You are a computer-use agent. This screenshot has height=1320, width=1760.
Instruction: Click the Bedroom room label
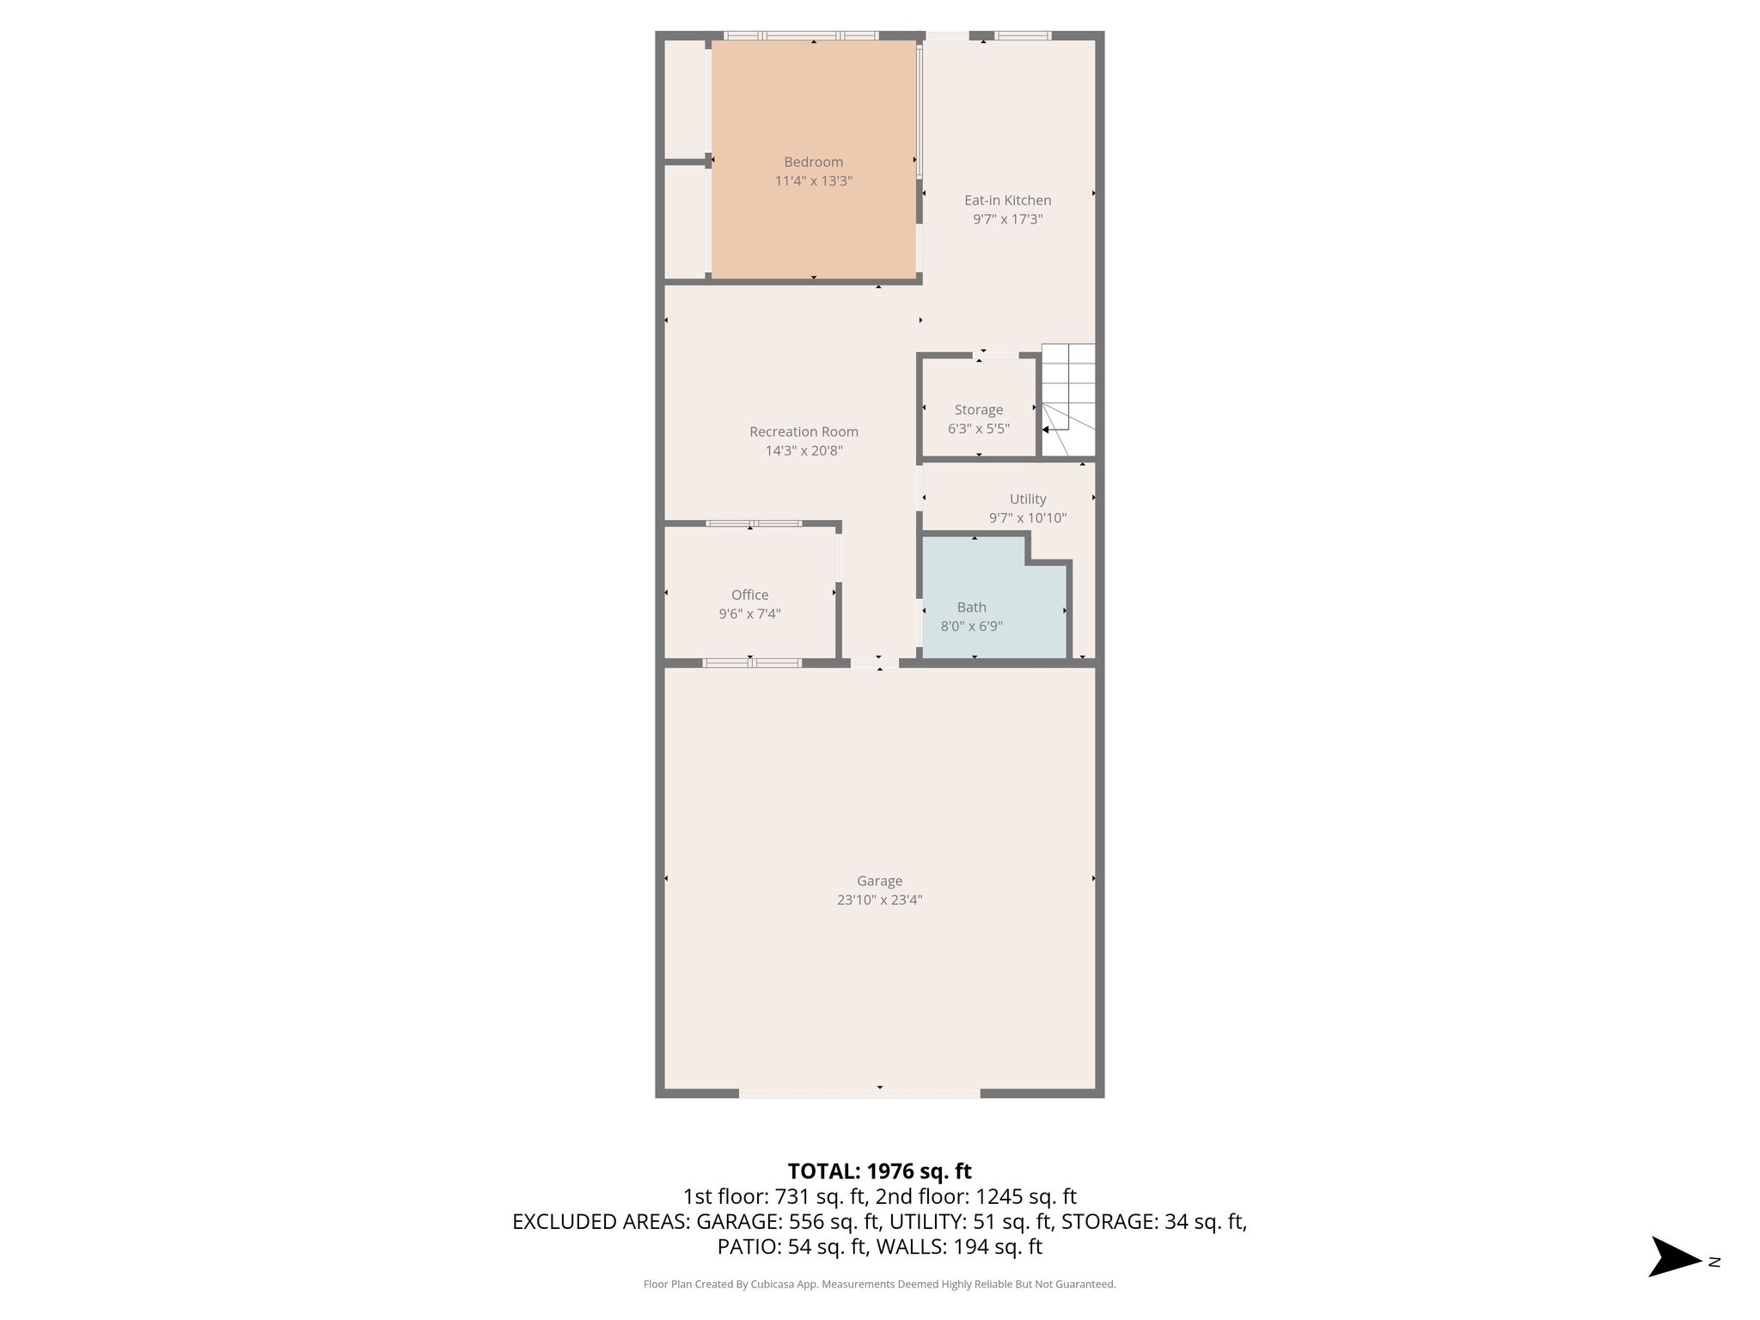pos(813,162)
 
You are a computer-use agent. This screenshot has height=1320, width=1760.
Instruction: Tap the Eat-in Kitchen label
pos(1007,200)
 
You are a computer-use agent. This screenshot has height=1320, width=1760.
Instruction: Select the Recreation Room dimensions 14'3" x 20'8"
pos(804,450)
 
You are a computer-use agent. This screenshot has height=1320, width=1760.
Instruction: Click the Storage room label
pos(978,410)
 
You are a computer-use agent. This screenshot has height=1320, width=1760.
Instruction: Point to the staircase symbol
pos(1068,400)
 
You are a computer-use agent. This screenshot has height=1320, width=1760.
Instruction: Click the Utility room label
pos(1028,498)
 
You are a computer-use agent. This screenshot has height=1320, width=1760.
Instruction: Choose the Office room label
pos(749,595)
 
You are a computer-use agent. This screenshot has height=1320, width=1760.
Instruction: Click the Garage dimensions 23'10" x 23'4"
pos(879,900)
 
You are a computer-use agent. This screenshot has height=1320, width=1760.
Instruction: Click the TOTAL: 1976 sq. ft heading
pos(879,1170)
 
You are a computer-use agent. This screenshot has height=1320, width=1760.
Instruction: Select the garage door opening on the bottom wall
pos(859,1093)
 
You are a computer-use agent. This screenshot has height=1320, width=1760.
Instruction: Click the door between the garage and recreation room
pos(875,663)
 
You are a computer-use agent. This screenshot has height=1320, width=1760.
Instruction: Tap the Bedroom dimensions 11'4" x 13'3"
pos(813,180)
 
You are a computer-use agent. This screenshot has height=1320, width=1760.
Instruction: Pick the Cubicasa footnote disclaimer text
pos(879,1284)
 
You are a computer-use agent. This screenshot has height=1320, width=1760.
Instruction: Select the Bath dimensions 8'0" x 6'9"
pos(971,626)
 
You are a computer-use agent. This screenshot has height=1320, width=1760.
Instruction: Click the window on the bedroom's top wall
pos(800,35)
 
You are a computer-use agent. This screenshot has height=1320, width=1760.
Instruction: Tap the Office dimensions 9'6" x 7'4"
pos(749,614)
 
